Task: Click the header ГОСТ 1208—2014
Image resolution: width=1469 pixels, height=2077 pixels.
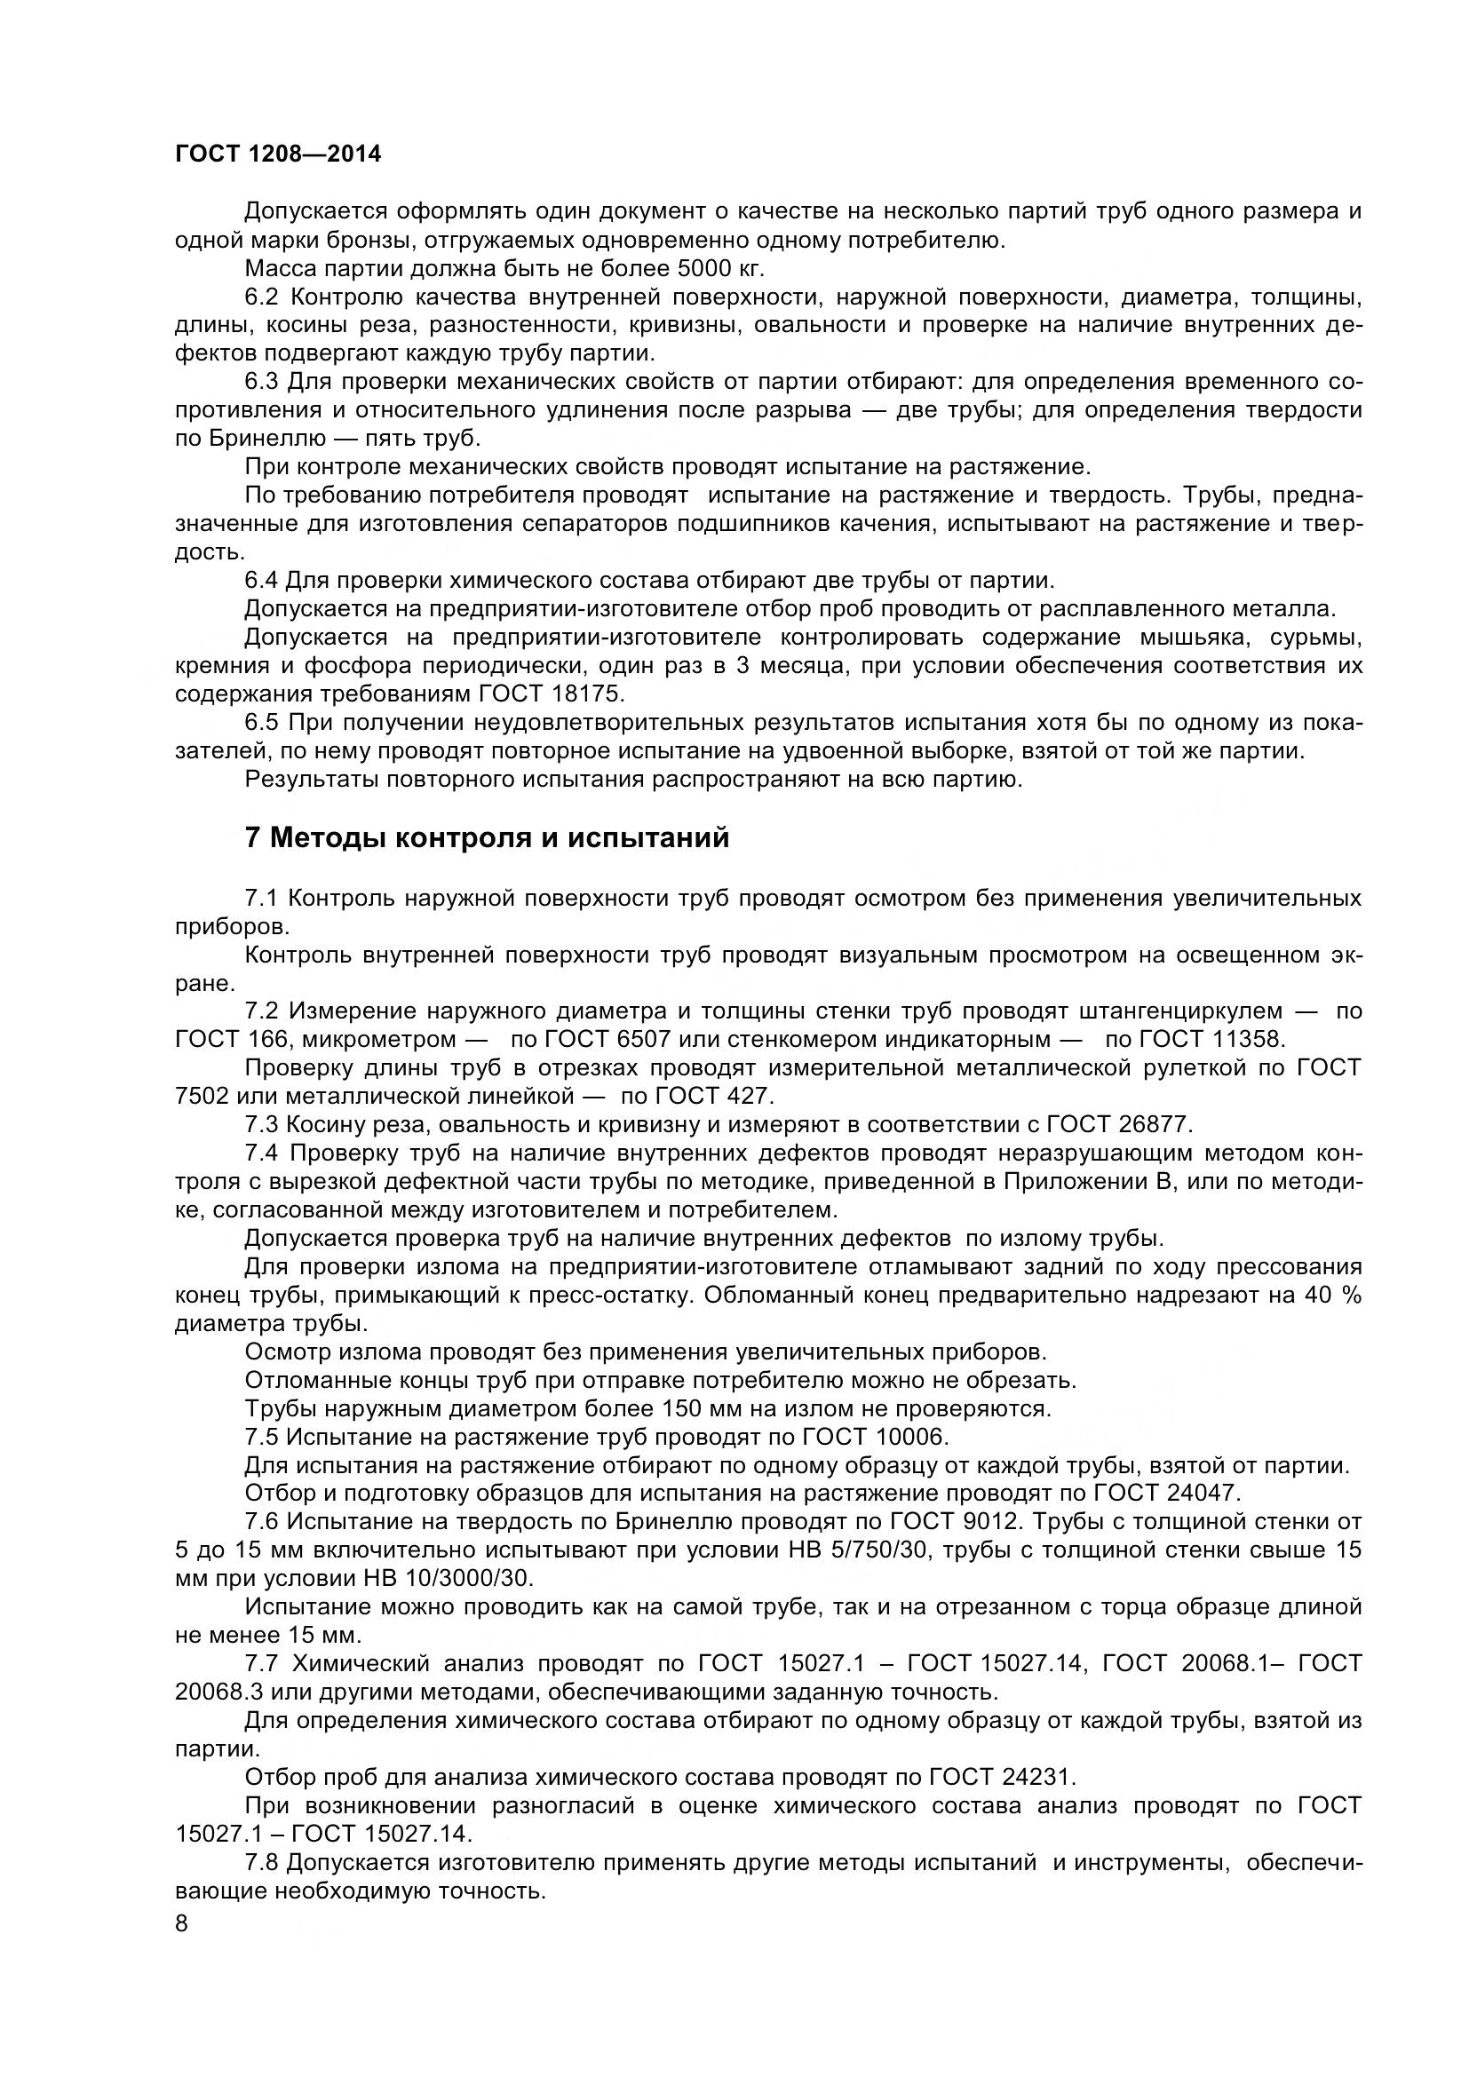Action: pos(278,155)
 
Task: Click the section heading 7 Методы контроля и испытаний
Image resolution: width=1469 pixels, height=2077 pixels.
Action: pos(487,837)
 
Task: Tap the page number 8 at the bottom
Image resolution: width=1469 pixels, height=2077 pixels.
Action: pos(182,1947)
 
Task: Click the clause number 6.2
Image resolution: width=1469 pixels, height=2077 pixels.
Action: pos(262,297)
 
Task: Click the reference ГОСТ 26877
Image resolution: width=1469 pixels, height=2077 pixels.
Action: pos(1120,1124)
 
